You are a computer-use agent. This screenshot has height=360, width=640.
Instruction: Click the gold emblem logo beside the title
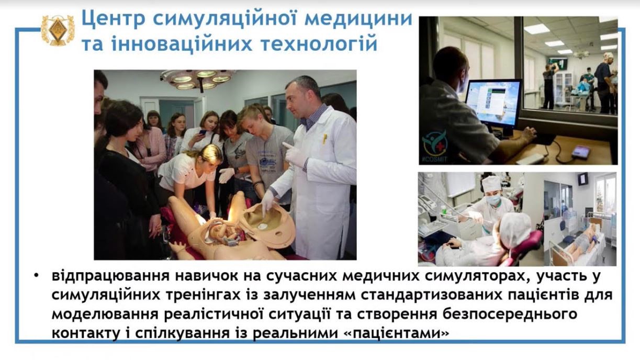tap(57, 30)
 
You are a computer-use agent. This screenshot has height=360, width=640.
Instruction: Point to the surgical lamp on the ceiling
tap(198, 79)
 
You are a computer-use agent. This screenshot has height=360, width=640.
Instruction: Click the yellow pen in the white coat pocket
tap(324, 139)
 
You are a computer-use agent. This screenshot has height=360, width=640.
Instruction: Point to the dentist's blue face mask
tap(493, 199)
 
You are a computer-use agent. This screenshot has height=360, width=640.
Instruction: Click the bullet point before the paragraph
tap(36, 276)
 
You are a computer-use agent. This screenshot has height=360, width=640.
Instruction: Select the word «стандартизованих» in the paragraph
tap(431, 296)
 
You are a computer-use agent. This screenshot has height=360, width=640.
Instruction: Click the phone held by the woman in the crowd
tap(203, 132)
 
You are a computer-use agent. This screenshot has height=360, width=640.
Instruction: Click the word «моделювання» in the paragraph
tap(105, 314)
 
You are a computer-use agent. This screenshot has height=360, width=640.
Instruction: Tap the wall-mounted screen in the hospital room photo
tap(582, 179)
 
